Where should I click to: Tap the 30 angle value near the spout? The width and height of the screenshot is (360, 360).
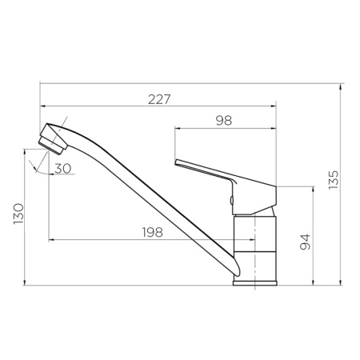point(62,168)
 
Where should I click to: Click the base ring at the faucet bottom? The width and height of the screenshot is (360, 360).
point(254,280)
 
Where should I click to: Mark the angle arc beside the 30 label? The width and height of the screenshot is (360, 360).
point(33,167)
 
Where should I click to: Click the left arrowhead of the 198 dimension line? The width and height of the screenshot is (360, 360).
point(51,239)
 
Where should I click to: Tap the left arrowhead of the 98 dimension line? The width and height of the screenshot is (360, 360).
point(178,126)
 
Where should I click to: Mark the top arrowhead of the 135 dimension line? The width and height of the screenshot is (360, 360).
point(342,86)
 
